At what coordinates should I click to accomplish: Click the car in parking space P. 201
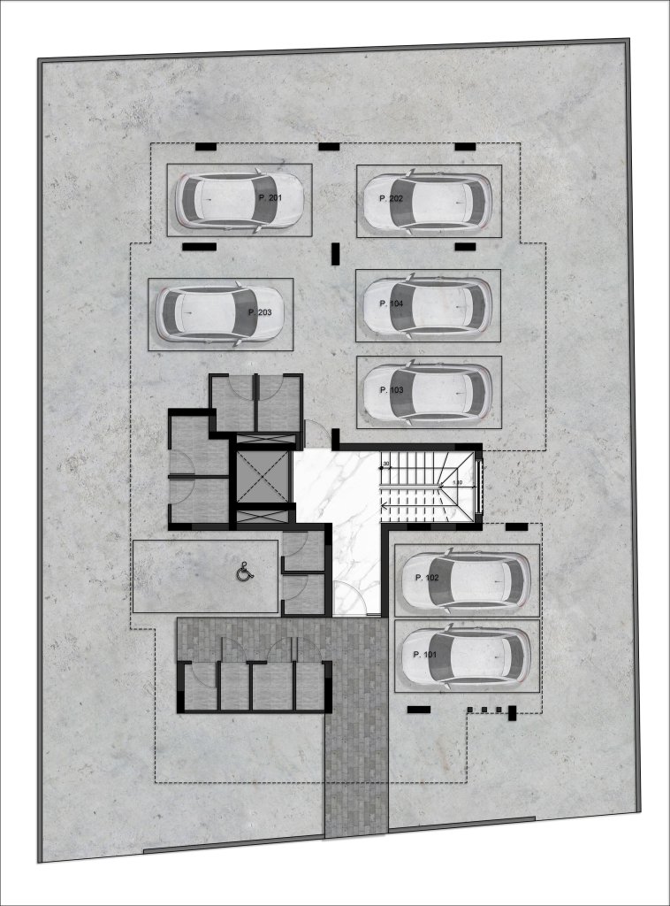(239, 200)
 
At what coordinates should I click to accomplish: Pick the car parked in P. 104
(428, 305)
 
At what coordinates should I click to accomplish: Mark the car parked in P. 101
(466, 656)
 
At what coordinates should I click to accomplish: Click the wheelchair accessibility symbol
(244, 573)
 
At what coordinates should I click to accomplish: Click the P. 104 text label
(391, 303)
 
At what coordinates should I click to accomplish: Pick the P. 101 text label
(425, 655)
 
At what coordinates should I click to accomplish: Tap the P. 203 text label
(260, 312)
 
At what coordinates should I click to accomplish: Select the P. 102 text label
(426, 578)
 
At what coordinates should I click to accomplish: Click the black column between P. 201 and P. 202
(335, 255)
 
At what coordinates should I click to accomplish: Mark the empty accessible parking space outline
(205, 577)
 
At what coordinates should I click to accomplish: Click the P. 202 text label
(391, 199)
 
